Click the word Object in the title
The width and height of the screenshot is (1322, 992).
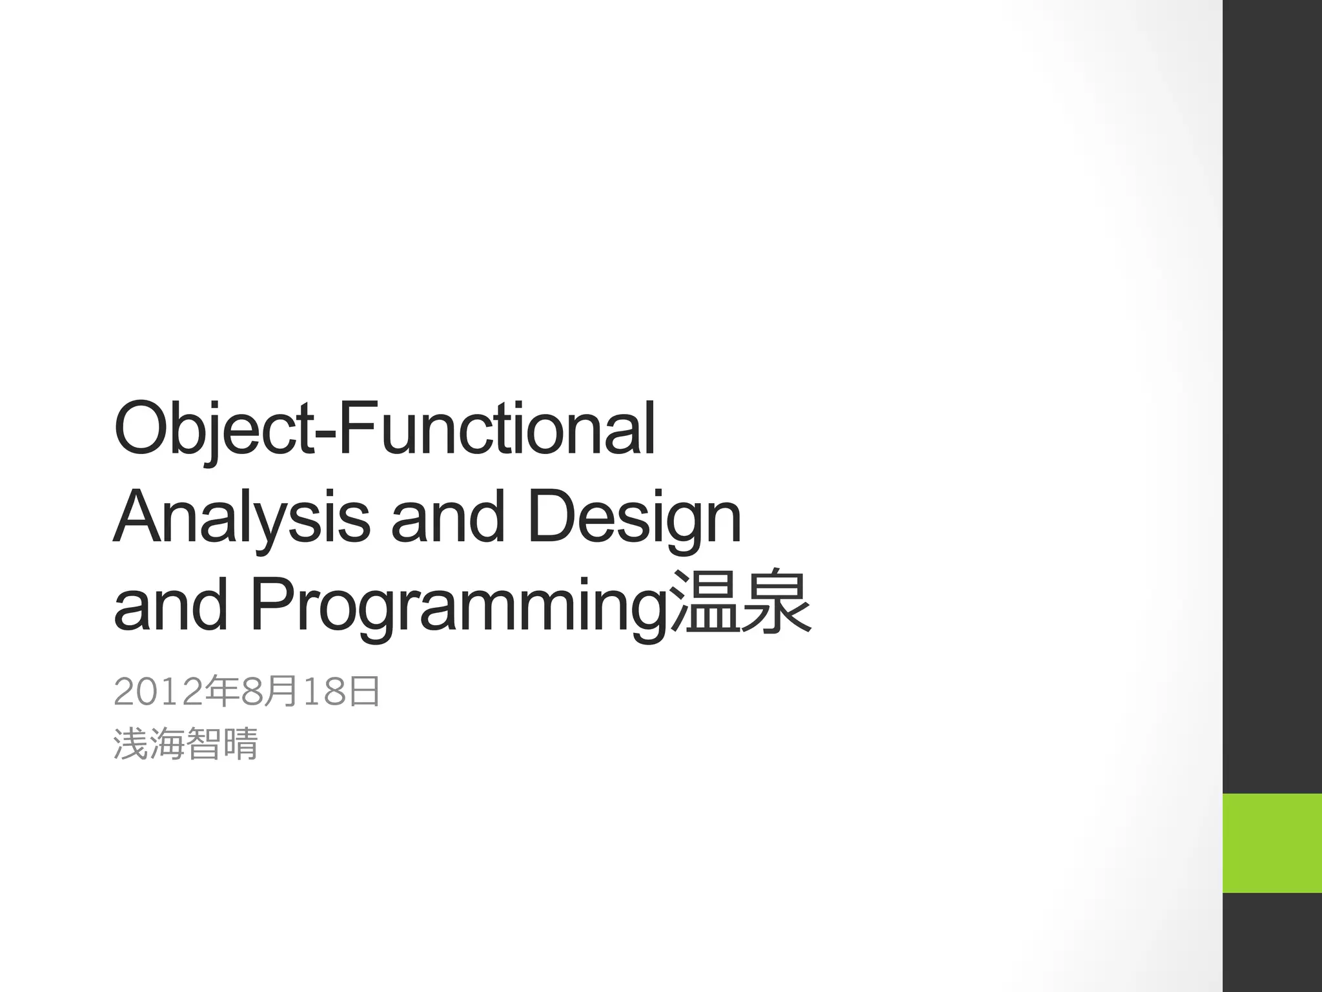[x=213, y=429]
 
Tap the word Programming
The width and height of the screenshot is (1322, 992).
[x=458, y=607]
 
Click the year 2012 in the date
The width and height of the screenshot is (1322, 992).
[x=158, y=692]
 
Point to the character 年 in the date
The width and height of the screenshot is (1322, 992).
[x=221, y=692]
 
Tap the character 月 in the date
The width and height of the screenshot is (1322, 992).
[x=281, y=692]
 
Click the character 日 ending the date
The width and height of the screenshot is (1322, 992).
[x=364, y=692]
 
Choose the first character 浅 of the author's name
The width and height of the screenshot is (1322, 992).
[x=131, y=744]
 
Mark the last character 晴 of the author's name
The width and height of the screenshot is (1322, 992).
[x=240, y=744]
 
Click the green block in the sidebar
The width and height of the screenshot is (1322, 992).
[x=1272, y=843]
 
